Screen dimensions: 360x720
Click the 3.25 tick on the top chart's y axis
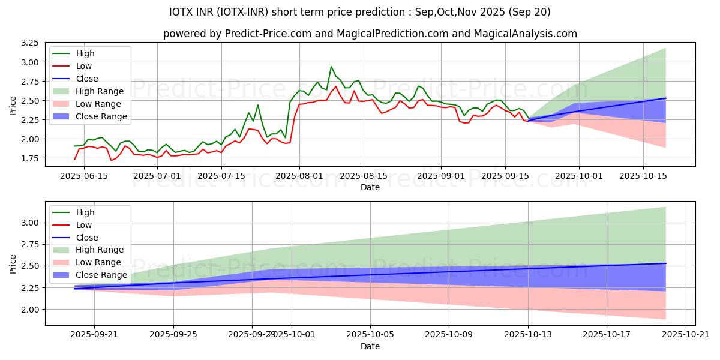click(29, 43)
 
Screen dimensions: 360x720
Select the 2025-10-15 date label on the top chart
click(643, 176)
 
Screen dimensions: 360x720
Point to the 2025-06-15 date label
click(83, 176)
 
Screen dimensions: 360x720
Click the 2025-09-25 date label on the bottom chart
click(173, 335)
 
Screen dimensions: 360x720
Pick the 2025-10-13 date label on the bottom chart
click(529, 335)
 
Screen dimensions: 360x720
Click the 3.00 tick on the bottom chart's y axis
click(29, 223)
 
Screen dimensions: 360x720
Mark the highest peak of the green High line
click(331, 67)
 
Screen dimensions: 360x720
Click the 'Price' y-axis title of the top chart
click(13, 105)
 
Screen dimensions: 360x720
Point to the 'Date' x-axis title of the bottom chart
click(370, 347)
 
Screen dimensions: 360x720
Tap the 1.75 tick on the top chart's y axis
click(29, 158)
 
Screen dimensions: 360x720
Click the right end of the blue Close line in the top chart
click(666, 98)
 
